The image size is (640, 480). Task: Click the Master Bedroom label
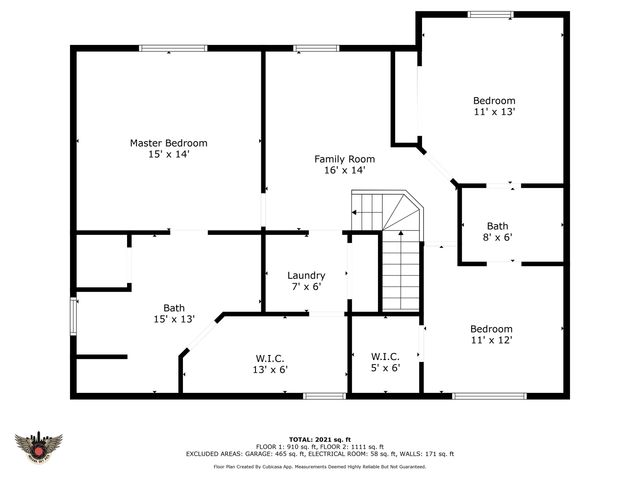168,143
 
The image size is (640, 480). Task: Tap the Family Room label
344,159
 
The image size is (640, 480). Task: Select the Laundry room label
306,275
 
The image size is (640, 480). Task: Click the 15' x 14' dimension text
168,155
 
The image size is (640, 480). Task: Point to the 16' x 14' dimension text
344,171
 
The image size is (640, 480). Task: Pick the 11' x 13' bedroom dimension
494,112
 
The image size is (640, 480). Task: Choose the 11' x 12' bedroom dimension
492,341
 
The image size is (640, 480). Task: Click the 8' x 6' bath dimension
497,238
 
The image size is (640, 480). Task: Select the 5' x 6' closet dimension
385,368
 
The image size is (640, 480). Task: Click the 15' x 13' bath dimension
174,319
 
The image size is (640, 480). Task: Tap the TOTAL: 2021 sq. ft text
320,439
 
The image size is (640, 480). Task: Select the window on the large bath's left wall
72,319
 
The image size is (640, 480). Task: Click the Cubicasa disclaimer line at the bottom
320,466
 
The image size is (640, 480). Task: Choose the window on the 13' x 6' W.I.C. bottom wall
318,396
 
